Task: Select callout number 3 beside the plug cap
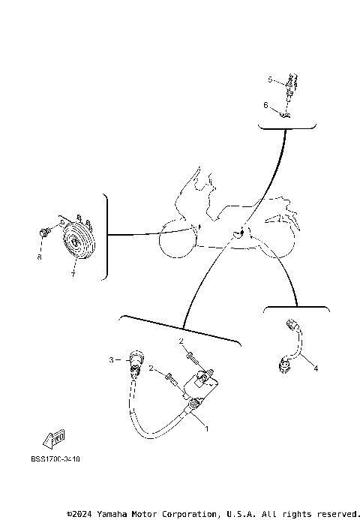coord(112,360)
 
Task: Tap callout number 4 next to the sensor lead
coord(316,368)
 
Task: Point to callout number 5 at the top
coord(270,78)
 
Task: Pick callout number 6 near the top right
coord(265,105)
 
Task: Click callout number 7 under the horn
coord(73,275)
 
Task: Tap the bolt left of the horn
coord(45,230)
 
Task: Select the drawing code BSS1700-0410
coord(55,458)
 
